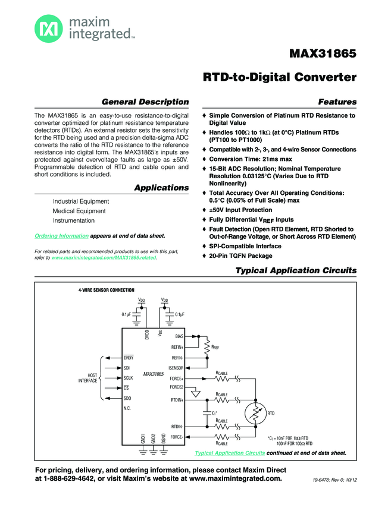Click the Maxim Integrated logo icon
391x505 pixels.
pos(46,27)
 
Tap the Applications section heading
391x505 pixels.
pos(161,188)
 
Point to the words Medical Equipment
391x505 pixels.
pos(79,211)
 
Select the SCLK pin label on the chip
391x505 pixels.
pos(128,378)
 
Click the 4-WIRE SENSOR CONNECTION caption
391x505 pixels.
pos(106,289)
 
